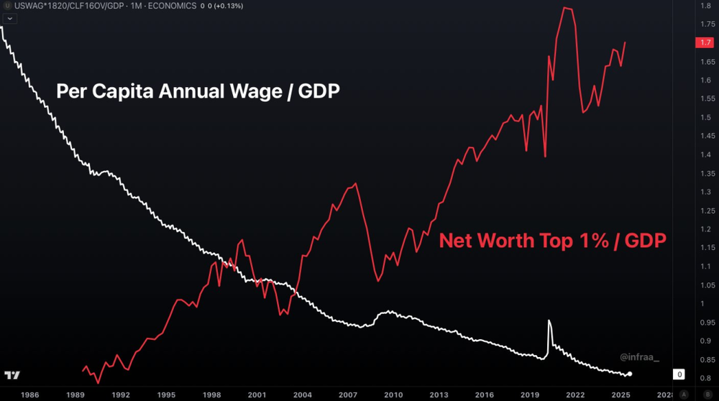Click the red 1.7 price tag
705,42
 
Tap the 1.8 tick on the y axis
706,6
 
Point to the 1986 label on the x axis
29,395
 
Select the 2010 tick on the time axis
393,395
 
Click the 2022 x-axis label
575,395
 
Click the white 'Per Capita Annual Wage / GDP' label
198,92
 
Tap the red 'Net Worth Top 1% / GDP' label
552,241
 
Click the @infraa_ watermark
638,356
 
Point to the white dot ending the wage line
630,374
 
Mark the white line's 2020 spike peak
549,321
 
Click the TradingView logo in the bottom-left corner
12,375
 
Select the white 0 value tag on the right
679,374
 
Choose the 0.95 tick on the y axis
706,322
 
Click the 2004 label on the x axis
302,395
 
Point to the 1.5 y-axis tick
706,117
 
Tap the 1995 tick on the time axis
165,395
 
